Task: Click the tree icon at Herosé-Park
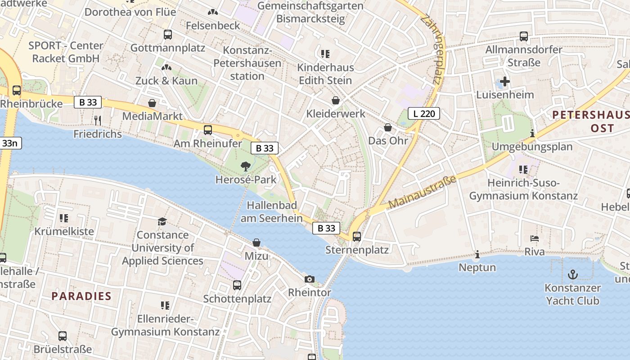[245, 166]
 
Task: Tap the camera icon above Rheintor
[309, 279]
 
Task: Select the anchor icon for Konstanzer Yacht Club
[572, 274]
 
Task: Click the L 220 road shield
[423, 113]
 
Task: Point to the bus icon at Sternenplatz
[357, 236]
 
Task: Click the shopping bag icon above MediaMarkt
[153, 103]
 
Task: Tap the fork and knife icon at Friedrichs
[98, 120]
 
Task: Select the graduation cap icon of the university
[162, 221]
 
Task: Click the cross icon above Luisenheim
[505, 81]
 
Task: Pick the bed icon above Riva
[535, 238]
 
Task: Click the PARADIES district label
[81, 296]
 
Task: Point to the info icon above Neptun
[477, 255]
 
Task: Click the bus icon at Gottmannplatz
[168, 34]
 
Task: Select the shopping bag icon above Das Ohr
[388, 127]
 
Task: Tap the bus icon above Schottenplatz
[237, 285]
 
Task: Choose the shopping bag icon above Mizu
[256, 243]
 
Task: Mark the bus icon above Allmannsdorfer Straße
[524, 36]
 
